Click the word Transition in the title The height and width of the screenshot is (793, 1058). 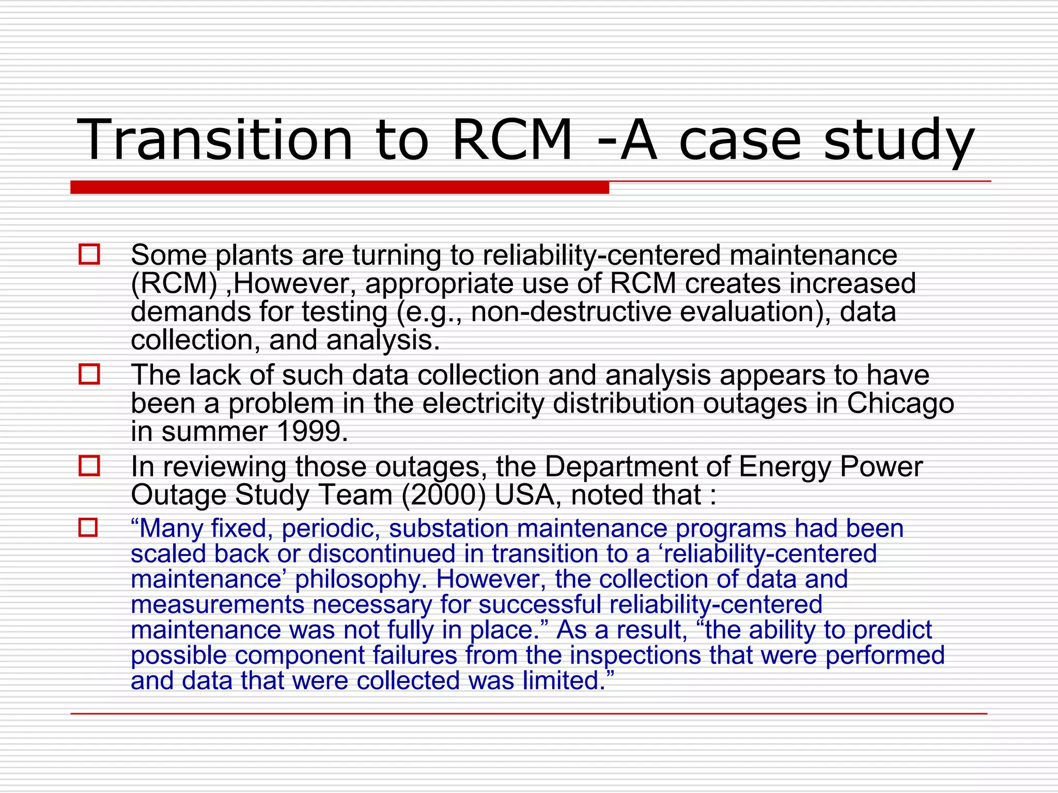[214, 140]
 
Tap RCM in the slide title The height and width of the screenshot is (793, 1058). [511, 140]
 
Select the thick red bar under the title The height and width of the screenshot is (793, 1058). [339, 187]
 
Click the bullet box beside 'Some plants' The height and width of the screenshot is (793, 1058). [89, 255]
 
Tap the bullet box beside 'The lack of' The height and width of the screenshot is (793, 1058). [89, 374]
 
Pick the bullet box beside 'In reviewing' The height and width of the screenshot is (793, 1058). [89, 466]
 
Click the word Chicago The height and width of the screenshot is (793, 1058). [900, 403]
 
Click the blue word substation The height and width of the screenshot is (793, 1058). [448, 528]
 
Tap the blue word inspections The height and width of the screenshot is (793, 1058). [635, 655]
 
